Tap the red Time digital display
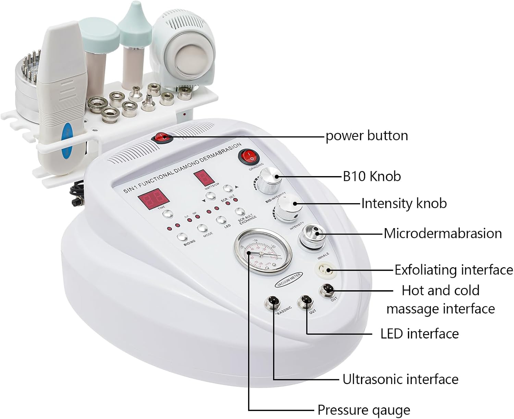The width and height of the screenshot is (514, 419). pyautogui.click(x=153, y=201)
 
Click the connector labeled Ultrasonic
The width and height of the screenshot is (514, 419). pyautogui.click(x=273, y=303)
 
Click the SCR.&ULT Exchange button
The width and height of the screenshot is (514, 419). pyautogui.click(x=240, y=212)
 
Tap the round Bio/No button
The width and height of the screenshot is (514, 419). pyautogui.click(x=182, y=237)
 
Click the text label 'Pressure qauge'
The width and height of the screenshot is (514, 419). pyautogui.click(x=363, y=410)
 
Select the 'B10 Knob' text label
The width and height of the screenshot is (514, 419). pyautogui.click(x=371, y=176)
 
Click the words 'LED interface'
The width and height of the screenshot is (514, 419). pyautogui.click(x=419, y=333)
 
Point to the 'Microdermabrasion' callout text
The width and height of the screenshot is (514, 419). pyautogui.click(x=442, y=233)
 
